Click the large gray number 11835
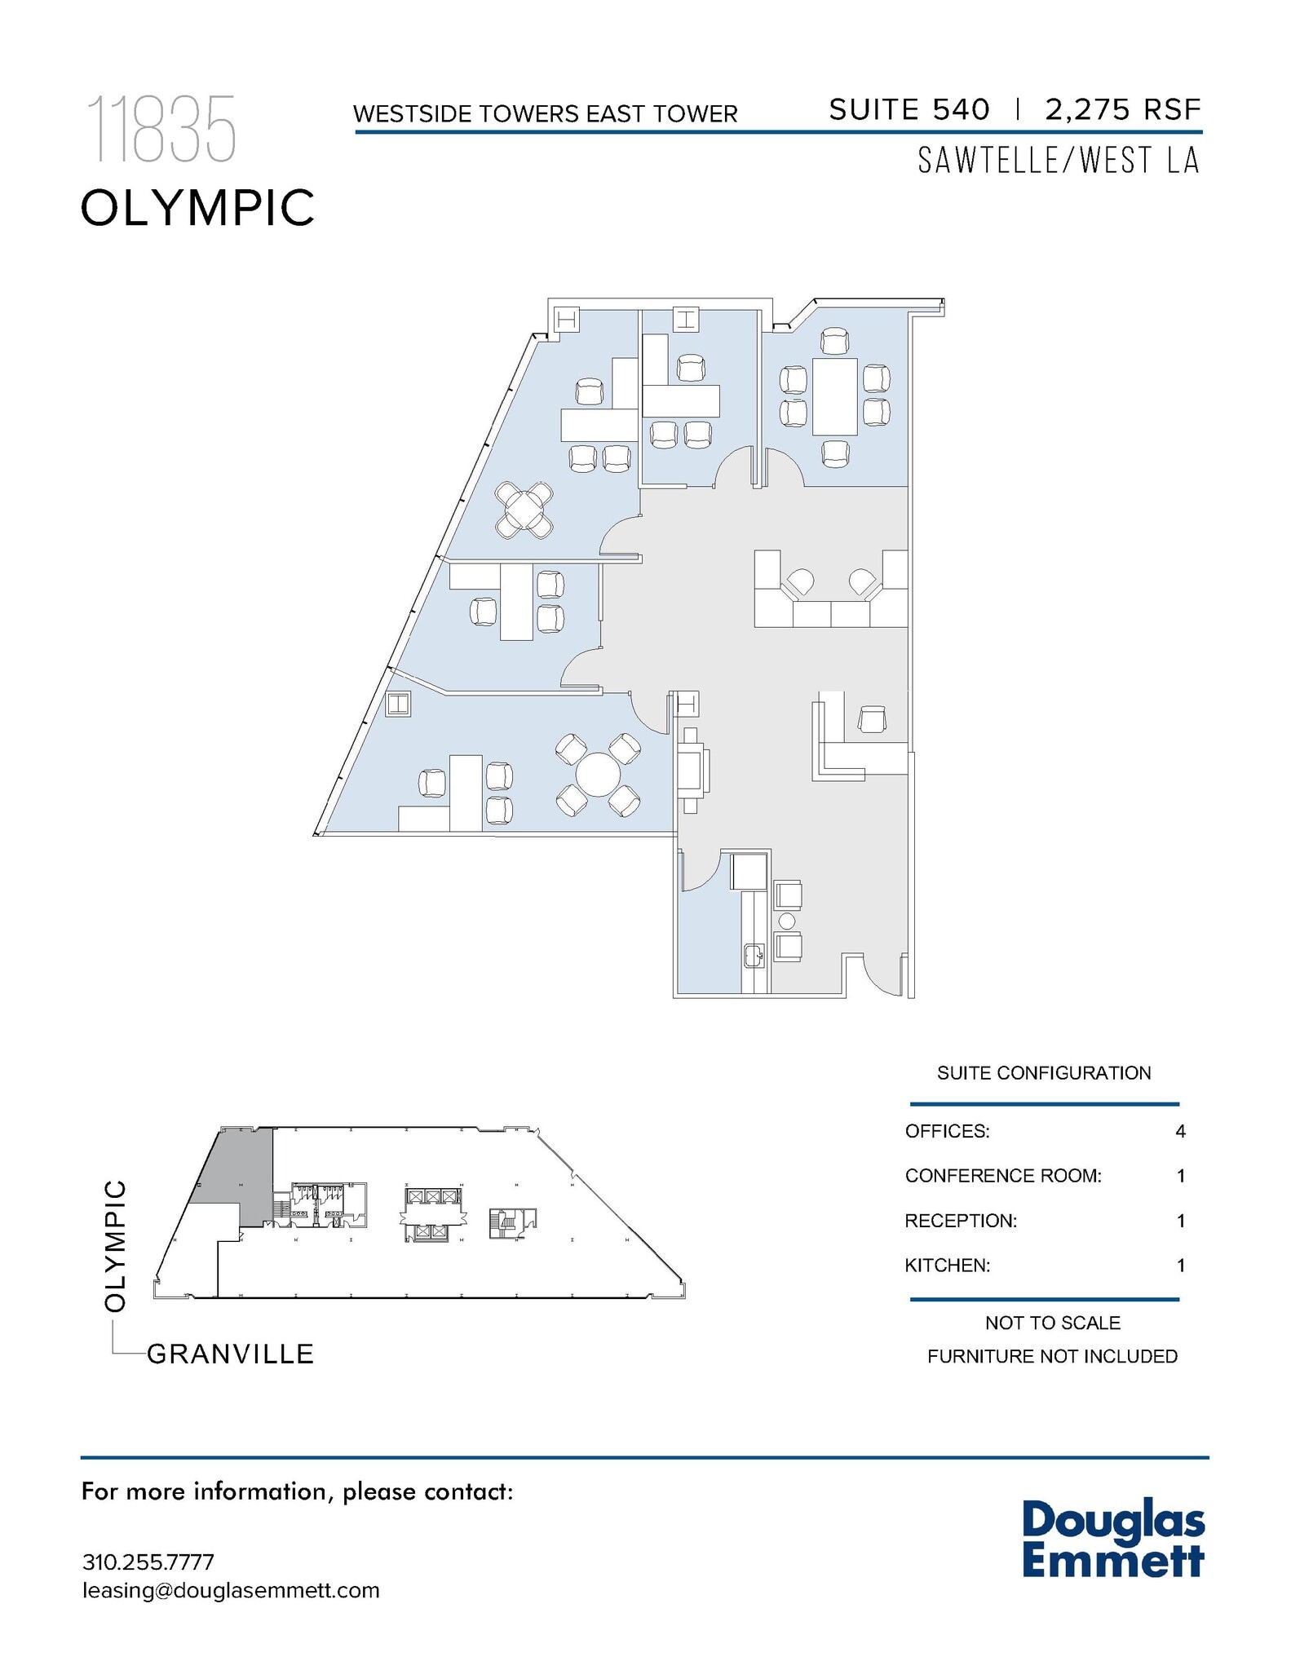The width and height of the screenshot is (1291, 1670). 161,129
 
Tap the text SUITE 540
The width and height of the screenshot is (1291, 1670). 909,109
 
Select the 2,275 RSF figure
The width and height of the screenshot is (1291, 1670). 1123,109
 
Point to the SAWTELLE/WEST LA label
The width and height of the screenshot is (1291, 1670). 1059,161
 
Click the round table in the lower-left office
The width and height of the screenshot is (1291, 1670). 598,774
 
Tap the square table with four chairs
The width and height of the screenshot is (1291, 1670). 524,510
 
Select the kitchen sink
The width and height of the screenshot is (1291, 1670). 754,955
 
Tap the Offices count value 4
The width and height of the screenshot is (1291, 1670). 1180,1131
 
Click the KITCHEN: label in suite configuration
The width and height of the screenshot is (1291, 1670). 947,1266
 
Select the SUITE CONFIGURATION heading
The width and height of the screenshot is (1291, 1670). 1043,1073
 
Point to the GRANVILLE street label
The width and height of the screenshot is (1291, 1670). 230,1354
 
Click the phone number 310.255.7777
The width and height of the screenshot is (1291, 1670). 148,1562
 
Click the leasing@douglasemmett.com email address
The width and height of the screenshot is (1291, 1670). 231,1590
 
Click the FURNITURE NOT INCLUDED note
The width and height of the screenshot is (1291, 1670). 1052,1356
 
